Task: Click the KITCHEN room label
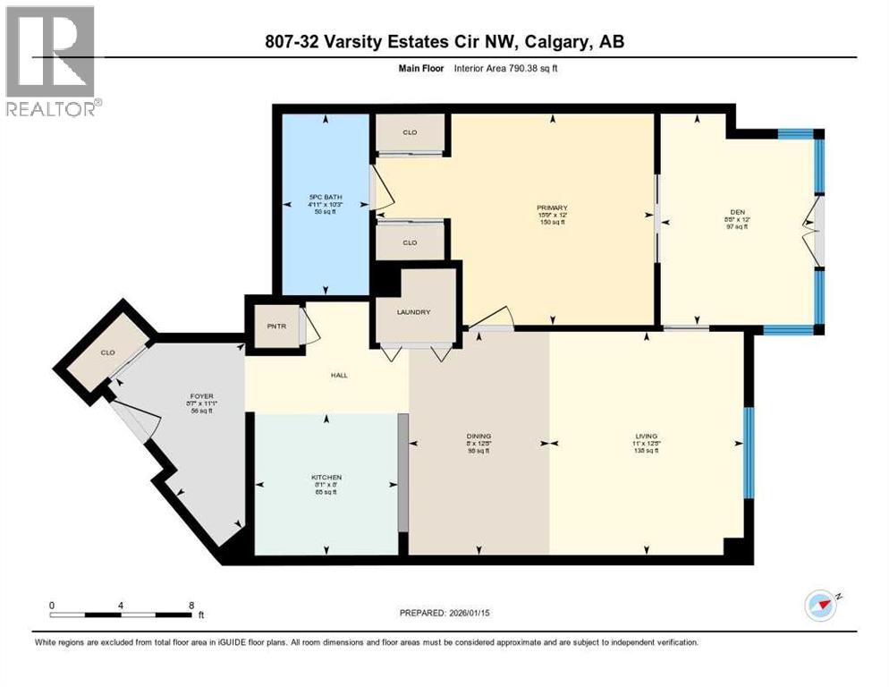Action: click(x=326, y=477)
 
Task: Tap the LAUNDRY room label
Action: click(x=414, y=312)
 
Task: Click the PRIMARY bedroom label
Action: click(x=552, y=208)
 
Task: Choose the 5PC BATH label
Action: click(x=326, y=197)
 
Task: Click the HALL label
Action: click(x=338, y=375)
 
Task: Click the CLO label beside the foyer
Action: click(x=106, y=352)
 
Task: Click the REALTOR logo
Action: click(x=53, y=62)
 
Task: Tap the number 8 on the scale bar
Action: click(x=190, y=605)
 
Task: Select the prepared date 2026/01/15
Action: click(x=495, y=613)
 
